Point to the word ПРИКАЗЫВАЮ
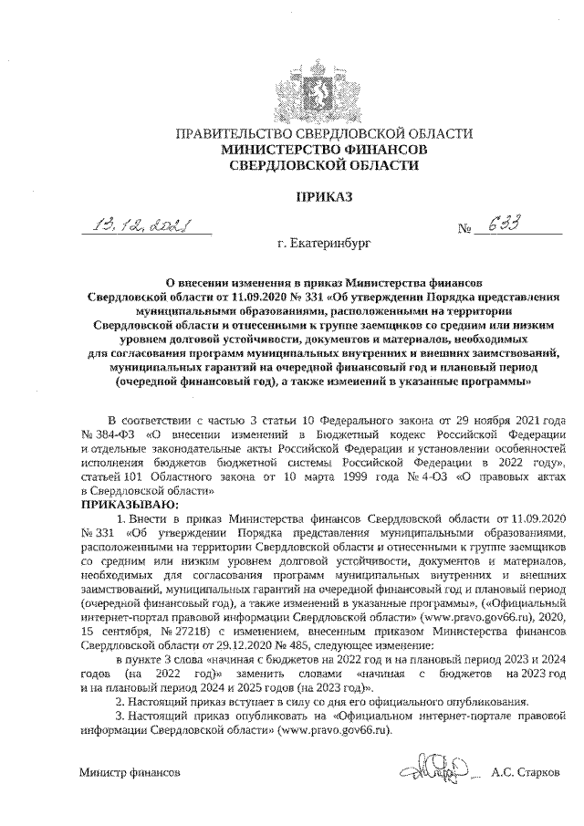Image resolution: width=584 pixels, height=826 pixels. [x=130, y=503]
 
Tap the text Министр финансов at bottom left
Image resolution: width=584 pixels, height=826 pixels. [x=129, y=772]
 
